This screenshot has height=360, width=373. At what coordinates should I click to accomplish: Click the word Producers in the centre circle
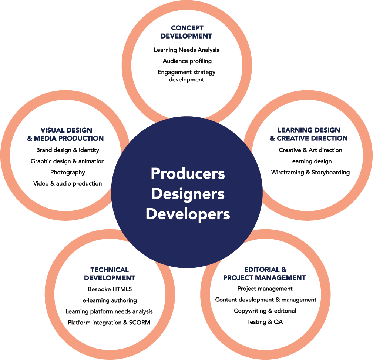[188, 173]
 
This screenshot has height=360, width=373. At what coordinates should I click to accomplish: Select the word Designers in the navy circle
[188, 194]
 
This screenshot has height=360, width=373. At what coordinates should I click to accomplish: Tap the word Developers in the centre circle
[188, 214]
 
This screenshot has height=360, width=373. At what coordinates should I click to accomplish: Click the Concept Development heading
[186, 32]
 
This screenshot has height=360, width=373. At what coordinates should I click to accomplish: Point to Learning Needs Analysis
[186, 50]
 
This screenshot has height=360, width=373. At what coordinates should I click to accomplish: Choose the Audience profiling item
[187, 61]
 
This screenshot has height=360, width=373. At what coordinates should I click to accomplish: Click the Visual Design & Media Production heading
[65, 134]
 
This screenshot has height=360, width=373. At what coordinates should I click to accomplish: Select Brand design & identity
[68, 150]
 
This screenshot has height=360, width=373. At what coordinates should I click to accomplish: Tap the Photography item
[68, 172]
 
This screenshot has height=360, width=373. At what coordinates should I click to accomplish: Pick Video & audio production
[68, 184]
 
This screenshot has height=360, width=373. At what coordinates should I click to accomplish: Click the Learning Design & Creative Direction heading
[309, 134]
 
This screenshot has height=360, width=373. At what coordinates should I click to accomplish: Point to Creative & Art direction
[310, 150]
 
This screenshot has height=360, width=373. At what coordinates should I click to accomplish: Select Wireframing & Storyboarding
[310, 172]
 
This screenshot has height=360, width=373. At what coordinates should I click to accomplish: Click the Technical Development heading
[110, 274]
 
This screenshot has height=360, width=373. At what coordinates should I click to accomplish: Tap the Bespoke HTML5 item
[110, 289]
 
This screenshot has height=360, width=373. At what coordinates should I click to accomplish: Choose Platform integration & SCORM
[109, 323]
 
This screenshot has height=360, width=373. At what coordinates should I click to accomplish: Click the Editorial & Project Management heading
[265, 274]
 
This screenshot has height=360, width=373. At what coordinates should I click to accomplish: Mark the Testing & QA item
[265, 322]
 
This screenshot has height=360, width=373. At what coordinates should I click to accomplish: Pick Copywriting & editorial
[265, 311]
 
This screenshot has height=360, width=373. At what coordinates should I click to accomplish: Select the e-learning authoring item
[110, 300]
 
